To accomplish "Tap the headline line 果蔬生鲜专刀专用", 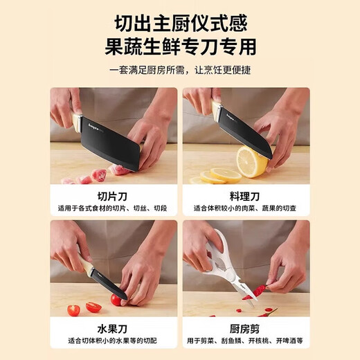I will pos(180,47).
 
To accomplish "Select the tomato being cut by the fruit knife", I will pos(117,299).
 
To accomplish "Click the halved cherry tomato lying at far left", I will pos(73,309).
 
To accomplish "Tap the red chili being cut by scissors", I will pos(258,291).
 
